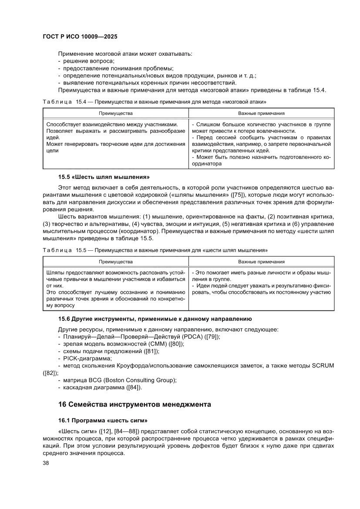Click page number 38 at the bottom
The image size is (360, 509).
point(46,463)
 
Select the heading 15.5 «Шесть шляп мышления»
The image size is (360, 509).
point(104,177)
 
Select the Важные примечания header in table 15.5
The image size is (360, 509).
point(261,262)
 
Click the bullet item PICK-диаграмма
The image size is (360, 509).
point(87,358)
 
